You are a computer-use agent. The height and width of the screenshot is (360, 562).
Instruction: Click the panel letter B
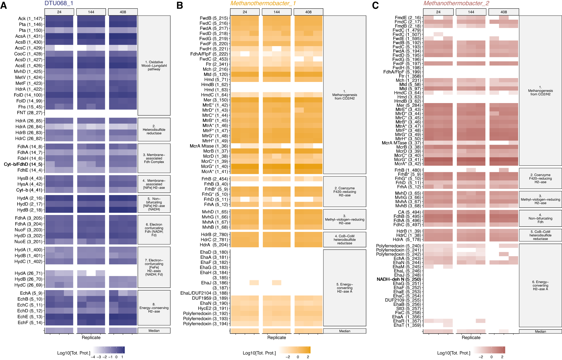point(180,5)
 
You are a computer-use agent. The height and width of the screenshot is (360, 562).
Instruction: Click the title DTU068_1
point(59,3)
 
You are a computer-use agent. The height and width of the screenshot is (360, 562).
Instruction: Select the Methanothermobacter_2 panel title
point(456,3)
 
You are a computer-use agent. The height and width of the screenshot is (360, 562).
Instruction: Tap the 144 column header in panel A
point(91,12)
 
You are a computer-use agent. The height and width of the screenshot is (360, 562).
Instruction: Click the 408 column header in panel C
point(503,12)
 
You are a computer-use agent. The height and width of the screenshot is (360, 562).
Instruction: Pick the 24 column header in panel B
point(245,12)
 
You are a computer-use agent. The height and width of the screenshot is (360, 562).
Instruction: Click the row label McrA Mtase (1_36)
point(209,146)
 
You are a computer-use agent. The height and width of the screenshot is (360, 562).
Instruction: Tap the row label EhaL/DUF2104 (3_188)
point(204,293)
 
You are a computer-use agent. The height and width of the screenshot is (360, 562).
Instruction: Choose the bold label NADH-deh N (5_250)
point(399,279)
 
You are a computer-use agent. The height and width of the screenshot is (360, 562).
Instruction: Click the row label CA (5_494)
point(409,212)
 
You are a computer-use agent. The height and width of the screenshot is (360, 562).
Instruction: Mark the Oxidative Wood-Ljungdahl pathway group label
point(154,66)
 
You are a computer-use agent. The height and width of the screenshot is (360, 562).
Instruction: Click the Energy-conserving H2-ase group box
point(154,308)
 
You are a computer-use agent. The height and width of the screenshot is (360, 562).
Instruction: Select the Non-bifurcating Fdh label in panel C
point(540,218)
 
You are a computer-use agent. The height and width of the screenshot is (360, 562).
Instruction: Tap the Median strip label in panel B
point(345,331)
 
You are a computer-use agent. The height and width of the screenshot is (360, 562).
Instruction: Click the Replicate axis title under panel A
point(91,337)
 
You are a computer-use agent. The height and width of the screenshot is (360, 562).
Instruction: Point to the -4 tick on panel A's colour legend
point(93,357)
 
